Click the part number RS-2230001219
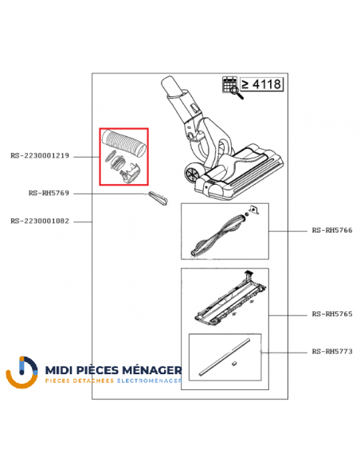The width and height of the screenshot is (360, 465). [40, 156]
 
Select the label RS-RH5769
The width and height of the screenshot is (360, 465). [49, 193]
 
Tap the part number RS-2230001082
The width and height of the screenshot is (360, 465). [40, 221]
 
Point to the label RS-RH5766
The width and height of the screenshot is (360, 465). [332, 230]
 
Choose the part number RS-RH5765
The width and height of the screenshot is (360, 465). [332, 314]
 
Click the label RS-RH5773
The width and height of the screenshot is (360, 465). [332, 351]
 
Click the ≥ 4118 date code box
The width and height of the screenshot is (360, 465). [261, 84]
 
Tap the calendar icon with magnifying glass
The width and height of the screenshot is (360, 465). [233, 88]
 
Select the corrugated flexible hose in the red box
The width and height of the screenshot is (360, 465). [124, 143]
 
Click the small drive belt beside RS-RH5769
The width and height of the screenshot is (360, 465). [158, 198]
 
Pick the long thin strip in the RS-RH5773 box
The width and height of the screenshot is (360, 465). [225, 358]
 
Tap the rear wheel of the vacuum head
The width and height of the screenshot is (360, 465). [192, 174]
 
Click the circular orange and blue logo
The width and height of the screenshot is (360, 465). [22, 372]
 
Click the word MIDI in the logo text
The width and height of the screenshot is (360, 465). [59, 370]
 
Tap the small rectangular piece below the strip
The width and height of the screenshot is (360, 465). [234, 364]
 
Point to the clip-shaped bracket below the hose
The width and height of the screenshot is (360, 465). [130, 174]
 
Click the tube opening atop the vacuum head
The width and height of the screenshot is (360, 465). [168, 82]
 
